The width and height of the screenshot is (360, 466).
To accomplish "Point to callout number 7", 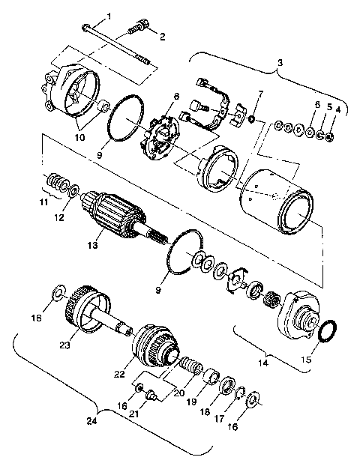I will point(260,94).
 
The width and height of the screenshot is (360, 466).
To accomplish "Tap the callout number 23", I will point(65,345).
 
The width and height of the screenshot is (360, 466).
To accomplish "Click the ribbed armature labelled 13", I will point(112,214).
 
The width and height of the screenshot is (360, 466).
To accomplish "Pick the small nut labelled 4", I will point(332,138).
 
